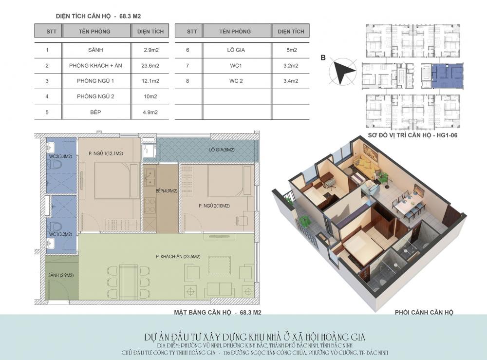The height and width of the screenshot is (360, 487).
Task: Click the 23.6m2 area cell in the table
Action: coord(150,66)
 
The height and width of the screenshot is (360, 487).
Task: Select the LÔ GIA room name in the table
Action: coord(236,50)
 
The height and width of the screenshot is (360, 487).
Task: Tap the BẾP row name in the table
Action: coord(95,112)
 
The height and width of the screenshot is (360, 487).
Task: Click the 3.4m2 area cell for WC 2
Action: coord(291,81)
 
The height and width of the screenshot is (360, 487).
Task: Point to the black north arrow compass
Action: coord(343,71)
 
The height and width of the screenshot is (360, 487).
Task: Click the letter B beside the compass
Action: coord(323,58)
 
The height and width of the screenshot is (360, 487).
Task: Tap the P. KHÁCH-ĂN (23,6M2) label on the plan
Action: coord(178,257)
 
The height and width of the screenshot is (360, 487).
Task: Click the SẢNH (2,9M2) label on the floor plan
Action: coord(61,275)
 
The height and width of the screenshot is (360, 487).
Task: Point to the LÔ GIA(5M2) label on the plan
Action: coord(222,150)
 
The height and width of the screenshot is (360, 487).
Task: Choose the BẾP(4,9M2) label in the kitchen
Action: coord(167,190)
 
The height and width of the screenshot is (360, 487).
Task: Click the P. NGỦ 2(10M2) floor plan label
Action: coord(214,206)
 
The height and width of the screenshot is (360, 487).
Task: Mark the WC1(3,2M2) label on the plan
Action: coord(60,234)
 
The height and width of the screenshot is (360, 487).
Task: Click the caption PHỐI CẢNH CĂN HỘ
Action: coord(424,312)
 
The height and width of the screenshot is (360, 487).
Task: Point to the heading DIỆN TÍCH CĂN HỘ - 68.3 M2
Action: coord(98,16)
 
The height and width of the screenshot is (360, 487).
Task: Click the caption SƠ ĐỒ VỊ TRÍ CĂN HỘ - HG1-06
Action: coord(412,135)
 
